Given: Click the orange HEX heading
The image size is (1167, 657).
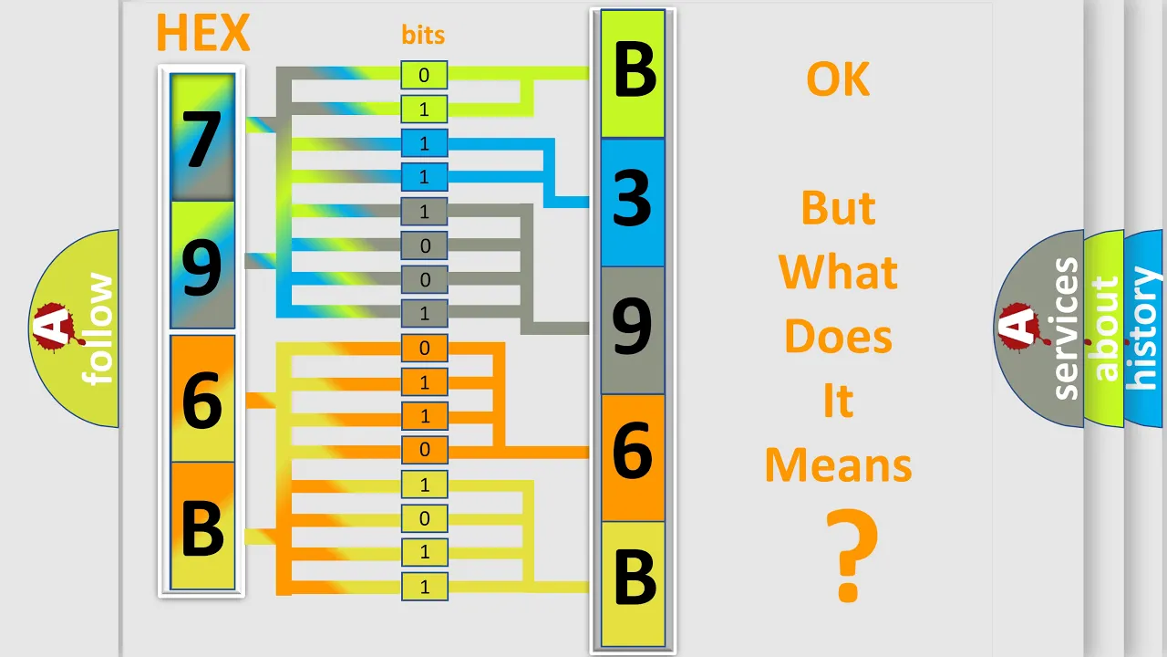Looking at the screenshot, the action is coord(203,33).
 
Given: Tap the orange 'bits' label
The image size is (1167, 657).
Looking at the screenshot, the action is coord(423,35).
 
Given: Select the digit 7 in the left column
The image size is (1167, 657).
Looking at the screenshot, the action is coord(201,140).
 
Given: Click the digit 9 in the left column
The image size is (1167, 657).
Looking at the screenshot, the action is coord(202,267).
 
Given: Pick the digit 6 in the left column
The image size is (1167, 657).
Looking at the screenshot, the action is coord(202,400).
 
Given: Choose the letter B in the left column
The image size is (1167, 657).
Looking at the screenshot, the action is coord(202,528).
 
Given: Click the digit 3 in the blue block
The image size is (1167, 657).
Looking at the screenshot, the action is coord(632,198).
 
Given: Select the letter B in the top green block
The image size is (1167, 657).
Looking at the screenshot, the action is coord(634,70).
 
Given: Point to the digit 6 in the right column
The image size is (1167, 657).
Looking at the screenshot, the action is coord(633,450).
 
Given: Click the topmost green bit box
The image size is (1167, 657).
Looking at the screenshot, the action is coord(424,75).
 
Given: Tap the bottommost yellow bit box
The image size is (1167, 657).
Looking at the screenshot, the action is coord(425,587).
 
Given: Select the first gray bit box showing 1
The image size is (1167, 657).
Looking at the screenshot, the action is coord(424,212).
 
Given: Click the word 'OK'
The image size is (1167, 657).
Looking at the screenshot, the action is coord(838,79).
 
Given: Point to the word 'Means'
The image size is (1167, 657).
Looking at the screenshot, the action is coord(838,465).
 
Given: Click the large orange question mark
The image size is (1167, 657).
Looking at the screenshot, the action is coord(852,556).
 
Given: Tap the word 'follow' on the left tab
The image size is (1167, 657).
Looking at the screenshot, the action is coord(98,328).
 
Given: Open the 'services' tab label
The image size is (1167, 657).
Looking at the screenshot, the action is coord(1065,328).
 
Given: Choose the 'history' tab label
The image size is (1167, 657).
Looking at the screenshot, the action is coord(1142,328).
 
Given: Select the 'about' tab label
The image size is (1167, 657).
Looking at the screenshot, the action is coord(1105,328).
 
